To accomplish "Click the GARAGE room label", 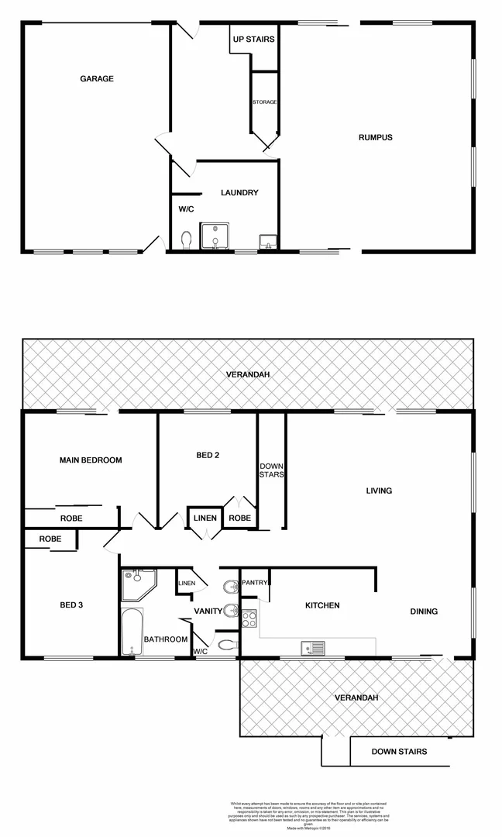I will tap(97, 78).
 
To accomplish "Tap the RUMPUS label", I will tap(376, 137).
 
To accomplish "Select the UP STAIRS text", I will tap(253, 39).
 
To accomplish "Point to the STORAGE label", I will tap(264, 102).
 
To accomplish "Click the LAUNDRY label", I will tap(239, 193).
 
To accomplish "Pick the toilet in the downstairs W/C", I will tap(186, 241).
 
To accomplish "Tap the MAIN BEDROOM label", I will tap(91, 460).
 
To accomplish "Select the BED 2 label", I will tap(207, 455).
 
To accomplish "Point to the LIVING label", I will tap(380, 491).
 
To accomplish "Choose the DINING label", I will tap(424, 611).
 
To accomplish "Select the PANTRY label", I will tap(255, 583).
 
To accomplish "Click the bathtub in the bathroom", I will tap(132, 632).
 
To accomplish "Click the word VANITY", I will tap(208, 611).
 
